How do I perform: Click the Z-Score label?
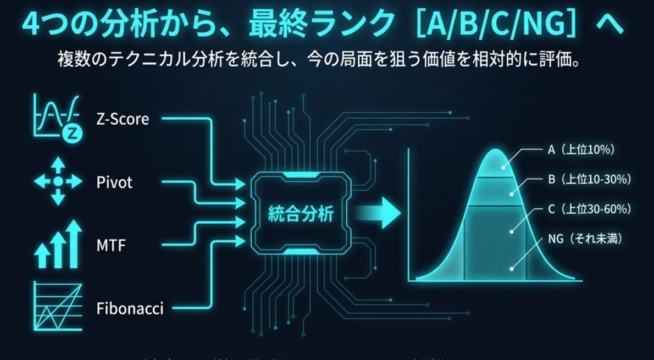tap(122, 119)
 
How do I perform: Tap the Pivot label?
tap(114, 182)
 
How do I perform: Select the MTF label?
tap(111, 245)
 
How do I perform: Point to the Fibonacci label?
tap(130, 308)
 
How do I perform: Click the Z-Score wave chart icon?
tap(55, 117)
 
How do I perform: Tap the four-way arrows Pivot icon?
tap(58, 181)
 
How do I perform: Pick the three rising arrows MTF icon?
tap(58, 244)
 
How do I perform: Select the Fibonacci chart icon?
tap(58, 306)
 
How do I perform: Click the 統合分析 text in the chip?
tap(300, 213)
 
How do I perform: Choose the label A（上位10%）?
tap(581, 149)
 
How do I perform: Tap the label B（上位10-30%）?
tap(589, 179)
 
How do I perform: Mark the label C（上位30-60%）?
tap(589, 209)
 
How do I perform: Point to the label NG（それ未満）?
tap(585, 239)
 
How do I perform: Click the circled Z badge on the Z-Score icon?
tap(70, 132)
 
